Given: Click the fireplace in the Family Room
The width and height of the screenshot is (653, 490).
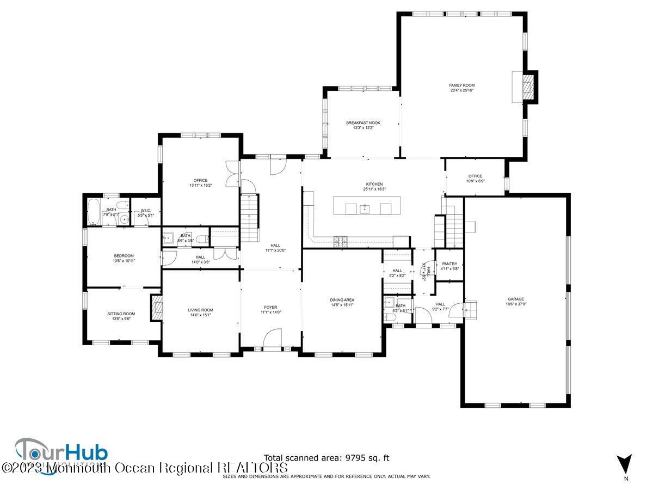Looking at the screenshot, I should pyautogui.click(x=526, y=87).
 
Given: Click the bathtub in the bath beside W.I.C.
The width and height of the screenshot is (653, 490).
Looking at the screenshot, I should pyautogui.click(x=93, y=212).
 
